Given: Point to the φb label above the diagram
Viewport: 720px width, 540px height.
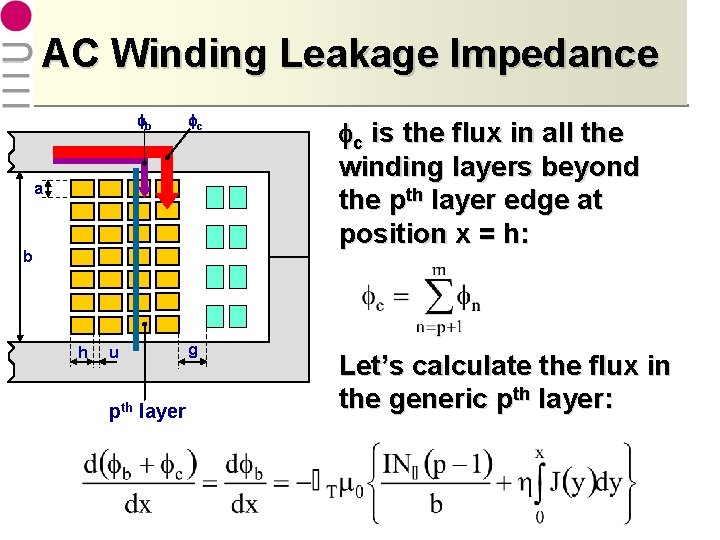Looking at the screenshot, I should tap(145, 124).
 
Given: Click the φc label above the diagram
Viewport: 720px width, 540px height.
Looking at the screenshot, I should tap(196, 124).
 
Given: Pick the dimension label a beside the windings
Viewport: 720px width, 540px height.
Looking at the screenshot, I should tap(37, 188).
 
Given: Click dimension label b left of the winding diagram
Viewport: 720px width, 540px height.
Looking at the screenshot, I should tap(29, 257).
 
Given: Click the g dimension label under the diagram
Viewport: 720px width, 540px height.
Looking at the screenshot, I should tap(191, 350).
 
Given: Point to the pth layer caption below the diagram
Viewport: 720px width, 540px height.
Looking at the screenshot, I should tap(147, 410).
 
